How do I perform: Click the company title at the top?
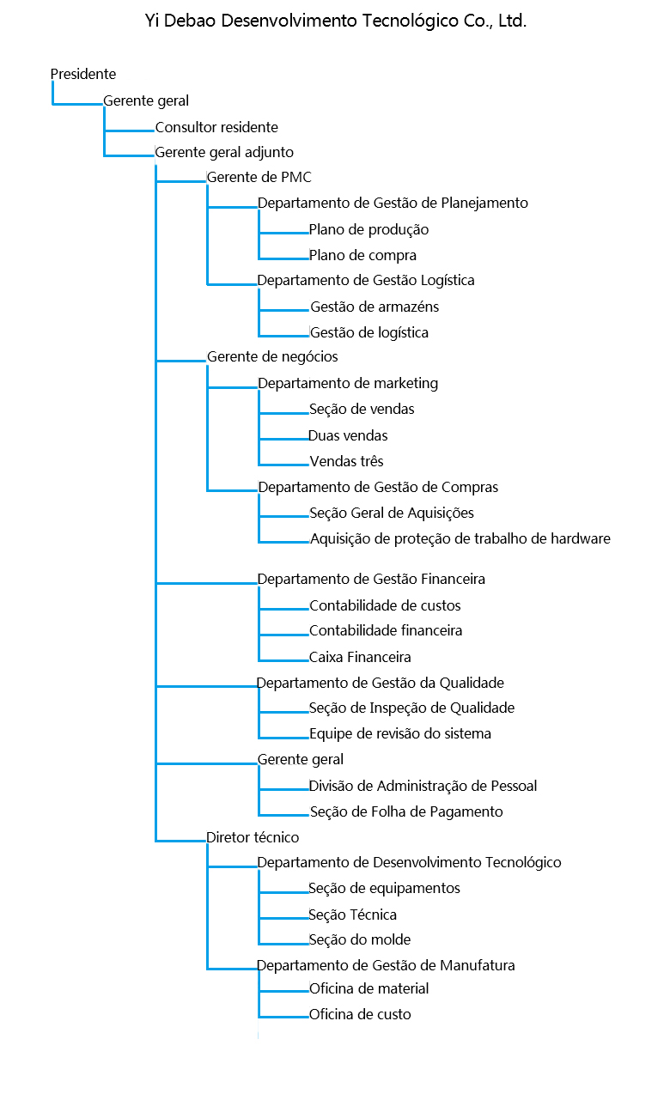(335, 21)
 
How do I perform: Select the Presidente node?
(83, 75)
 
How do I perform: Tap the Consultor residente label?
(216, 127)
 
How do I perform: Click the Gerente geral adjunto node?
(224, 152)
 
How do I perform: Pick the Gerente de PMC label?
(259, 178)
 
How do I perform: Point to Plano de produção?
(368, 229)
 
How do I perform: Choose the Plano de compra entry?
(362, 255)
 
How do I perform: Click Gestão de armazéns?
(375, 307)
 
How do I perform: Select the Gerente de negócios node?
(272, 356)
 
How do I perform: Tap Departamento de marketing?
(348, 383)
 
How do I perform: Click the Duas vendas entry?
(348, 435)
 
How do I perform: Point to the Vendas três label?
(346, 461)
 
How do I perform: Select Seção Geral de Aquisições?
(392, 513)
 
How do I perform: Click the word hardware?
(581, 539)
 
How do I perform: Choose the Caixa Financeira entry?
(360, 657)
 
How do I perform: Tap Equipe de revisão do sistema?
(400, 733)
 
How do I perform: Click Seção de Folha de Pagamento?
(406, 811)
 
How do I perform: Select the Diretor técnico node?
(253, 836)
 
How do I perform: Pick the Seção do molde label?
(359, 939)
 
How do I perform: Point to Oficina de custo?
(360, 1014)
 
